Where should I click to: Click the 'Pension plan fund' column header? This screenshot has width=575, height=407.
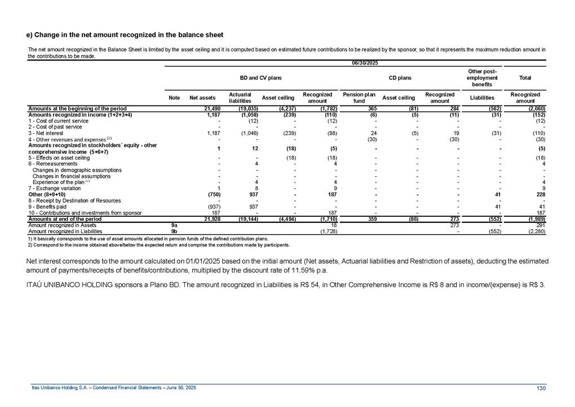359,98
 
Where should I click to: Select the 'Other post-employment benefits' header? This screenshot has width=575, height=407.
482,77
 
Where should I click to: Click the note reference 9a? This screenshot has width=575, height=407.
174,225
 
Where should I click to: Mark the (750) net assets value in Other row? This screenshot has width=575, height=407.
210,195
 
